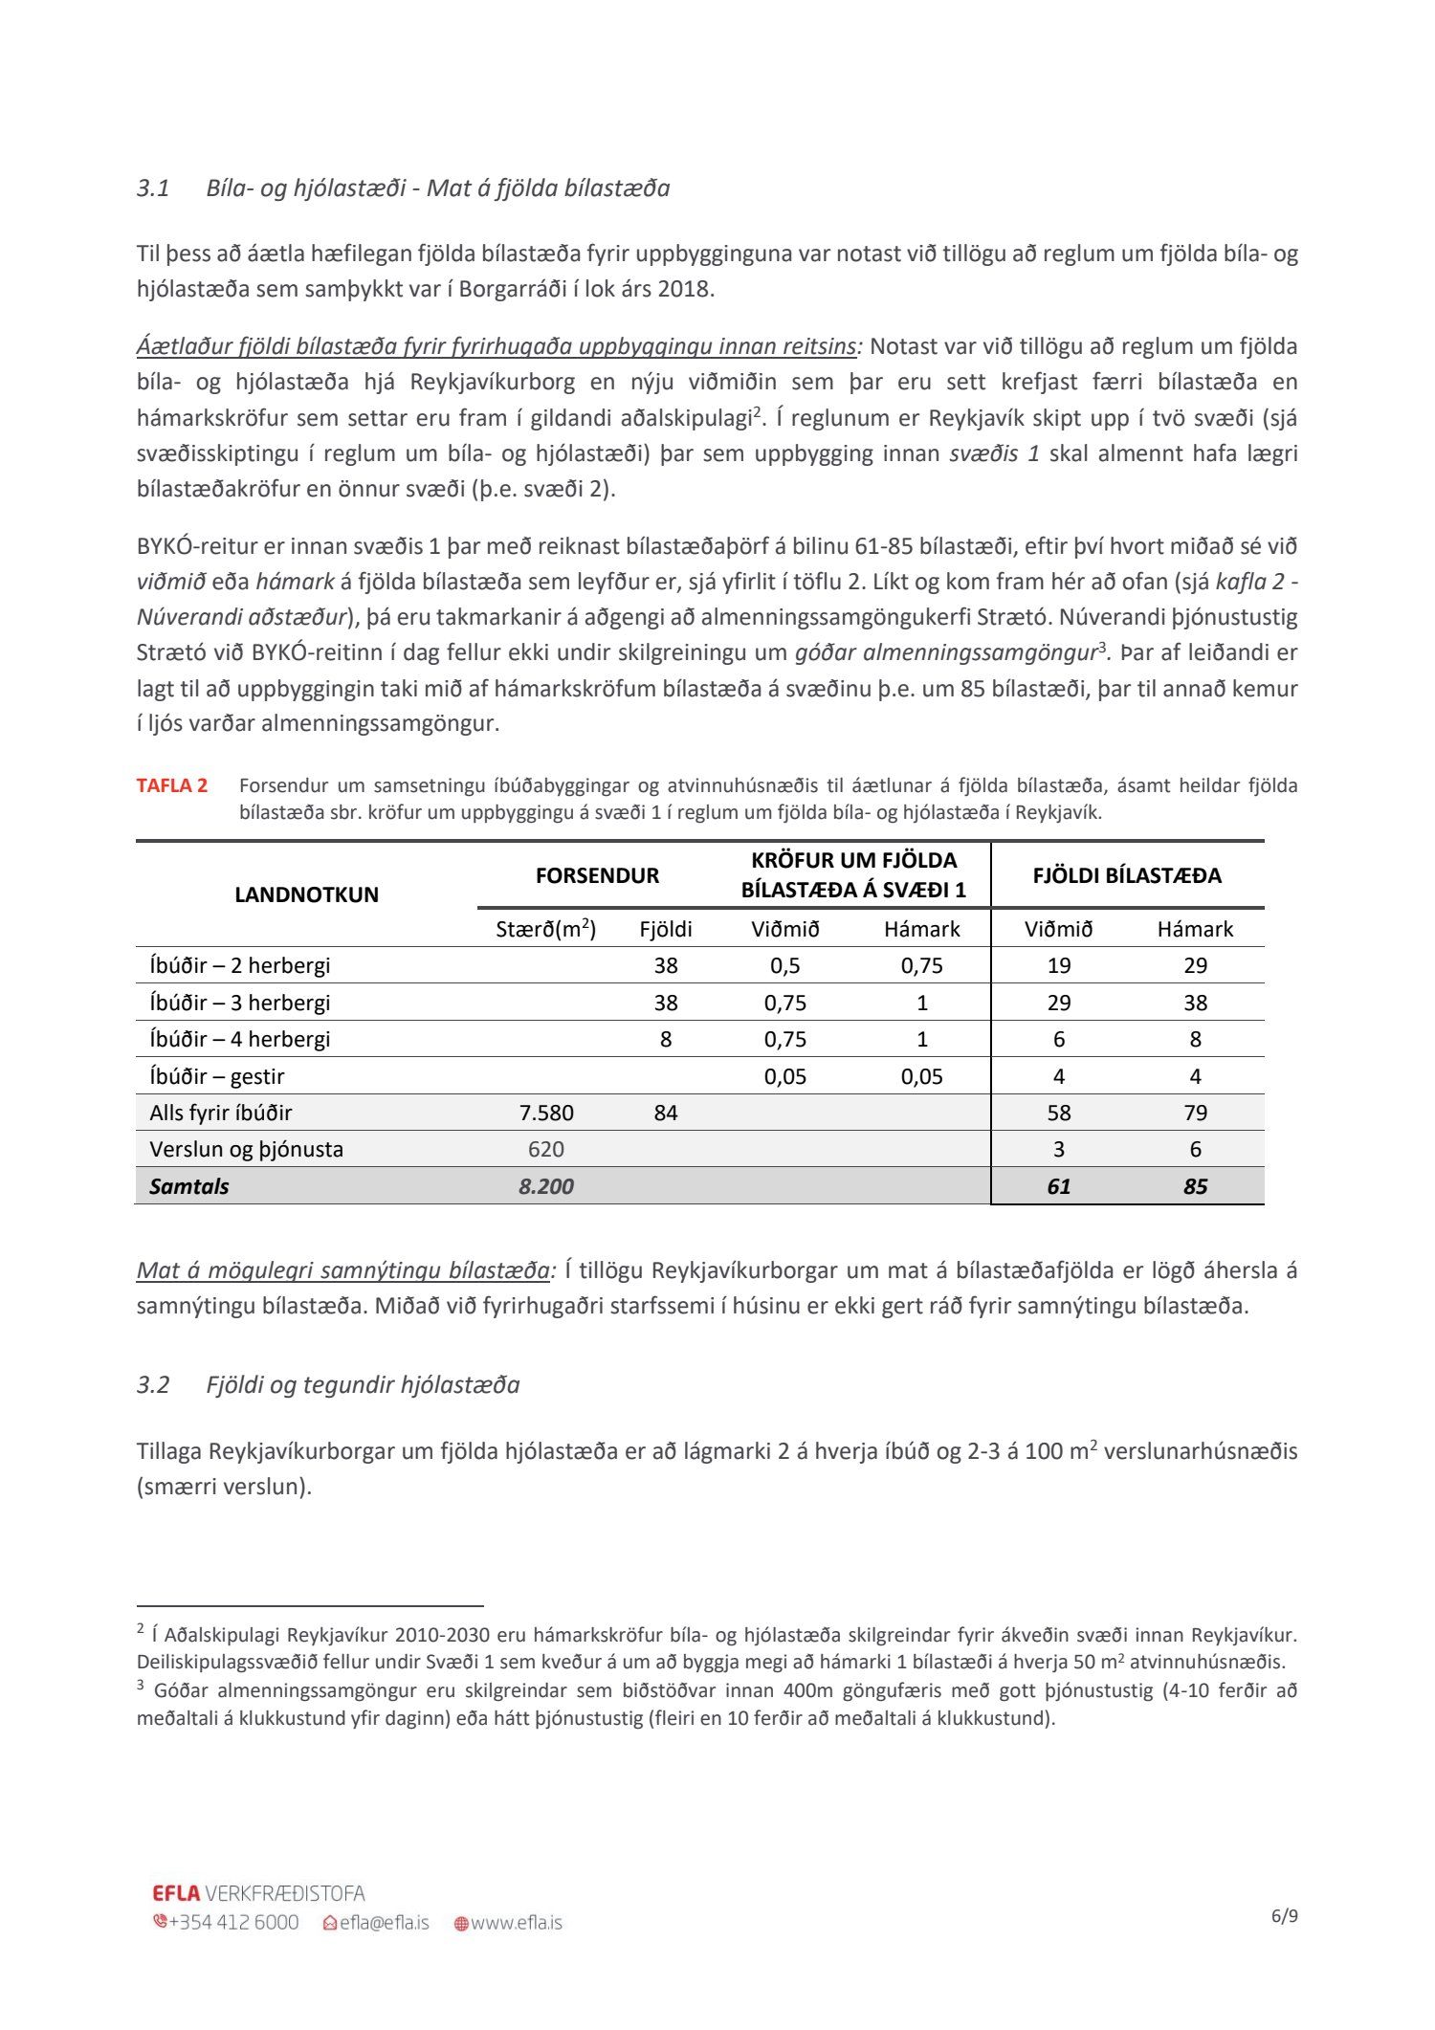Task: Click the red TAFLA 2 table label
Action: pos(171,785)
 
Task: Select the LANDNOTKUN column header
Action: pos(306,894)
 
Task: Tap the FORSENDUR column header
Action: pos(597,875)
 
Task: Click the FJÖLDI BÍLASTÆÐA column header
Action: pos(1127,875)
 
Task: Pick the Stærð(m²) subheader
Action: pos(545,929)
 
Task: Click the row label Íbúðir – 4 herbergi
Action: pos(239,1039)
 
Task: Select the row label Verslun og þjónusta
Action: pos(246,1149)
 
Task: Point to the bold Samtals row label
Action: pos(189,1186)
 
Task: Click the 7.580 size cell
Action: pos(546,1113)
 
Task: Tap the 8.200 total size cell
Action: pos(546,1186)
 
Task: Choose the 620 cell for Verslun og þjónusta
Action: pos(546,1149)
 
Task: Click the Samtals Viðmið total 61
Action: pos(1058,1186)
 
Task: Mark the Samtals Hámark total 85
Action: pos(1195,1186)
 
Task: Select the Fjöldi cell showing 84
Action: pos(666,1113)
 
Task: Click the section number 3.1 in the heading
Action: pos(152,188)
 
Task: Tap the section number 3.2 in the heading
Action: pos(152,1384)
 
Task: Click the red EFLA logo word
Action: pos(176,1893)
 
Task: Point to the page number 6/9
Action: pos(1284,1916)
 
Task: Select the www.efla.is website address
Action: pos(516,1922)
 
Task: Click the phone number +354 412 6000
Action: pos(233,1922)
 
